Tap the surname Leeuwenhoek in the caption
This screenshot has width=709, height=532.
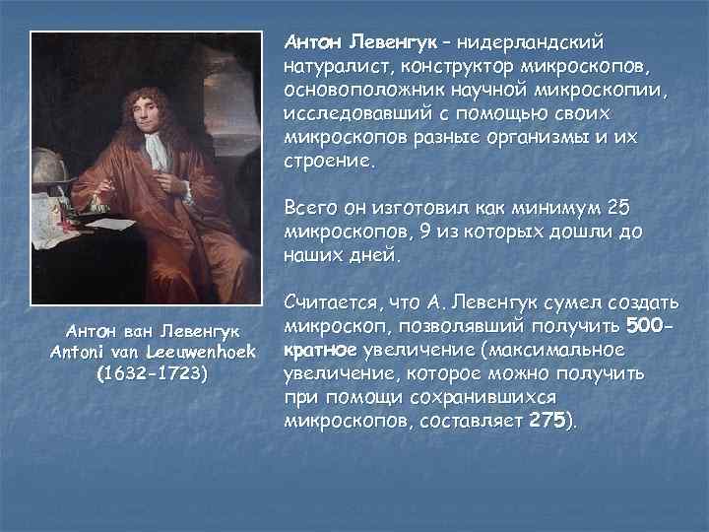click(x=201, y=352)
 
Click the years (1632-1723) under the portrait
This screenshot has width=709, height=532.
click(x=152, y=374)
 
